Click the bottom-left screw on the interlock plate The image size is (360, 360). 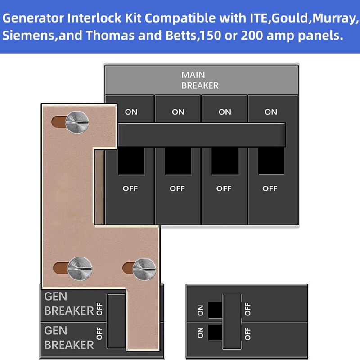tap(80, 269)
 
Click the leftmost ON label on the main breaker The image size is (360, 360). tap(131, 112)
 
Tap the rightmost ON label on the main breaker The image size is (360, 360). tap(271, 112)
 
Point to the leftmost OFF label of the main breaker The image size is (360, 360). tap(130, 189)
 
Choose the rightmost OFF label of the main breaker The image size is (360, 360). tap(270, 189)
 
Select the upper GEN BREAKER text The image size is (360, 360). tap(68, 304)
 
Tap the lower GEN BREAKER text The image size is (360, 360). tap(68, 338)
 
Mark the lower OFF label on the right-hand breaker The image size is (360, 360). tap(247, 333)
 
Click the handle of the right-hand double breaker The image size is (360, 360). tap(232, 320)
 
